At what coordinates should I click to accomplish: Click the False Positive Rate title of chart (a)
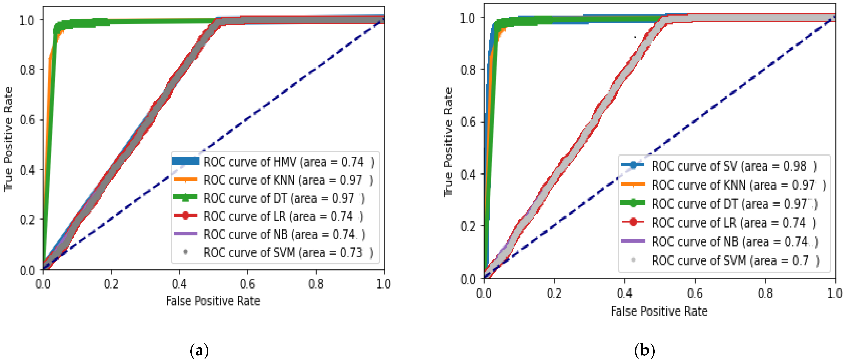213,301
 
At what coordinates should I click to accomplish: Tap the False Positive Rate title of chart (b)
659,311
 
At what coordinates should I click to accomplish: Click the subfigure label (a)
199,351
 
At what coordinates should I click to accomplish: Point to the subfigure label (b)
644,351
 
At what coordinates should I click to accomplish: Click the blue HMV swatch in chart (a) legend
185,161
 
